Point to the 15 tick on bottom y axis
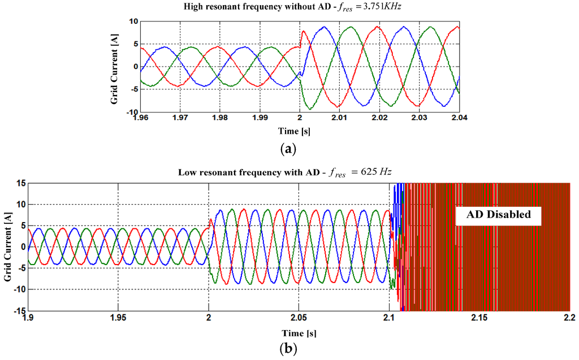20,183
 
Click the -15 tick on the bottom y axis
19,310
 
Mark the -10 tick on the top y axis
130,112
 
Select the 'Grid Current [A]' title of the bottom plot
7,246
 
